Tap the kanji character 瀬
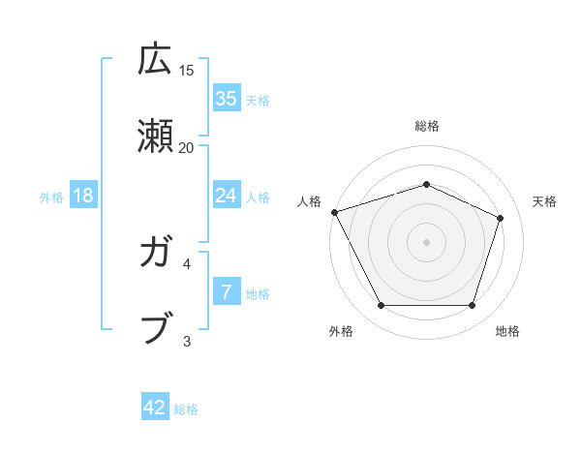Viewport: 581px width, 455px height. pos(155,137)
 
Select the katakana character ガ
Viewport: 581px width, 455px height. pos(155,254)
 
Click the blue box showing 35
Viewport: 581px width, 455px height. pos(226,98)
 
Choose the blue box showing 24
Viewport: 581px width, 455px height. pos(226,196)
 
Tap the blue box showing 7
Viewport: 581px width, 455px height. pos(226,292)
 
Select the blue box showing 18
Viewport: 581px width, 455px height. pos(83,196)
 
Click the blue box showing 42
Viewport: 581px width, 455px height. pos(155,408)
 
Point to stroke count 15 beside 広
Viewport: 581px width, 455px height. pos(187,70)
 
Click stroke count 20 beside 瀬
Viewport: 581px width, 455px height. pos(187,147)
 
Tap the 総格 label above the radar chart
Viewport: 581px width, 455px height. pos(426,126)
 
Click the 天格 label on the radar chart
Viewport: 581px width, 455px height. pos(544,201)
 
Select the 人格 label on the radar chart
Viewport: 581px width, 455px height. pos(309,201)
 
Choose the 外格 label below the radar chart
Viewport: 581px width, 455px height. pos(341,331)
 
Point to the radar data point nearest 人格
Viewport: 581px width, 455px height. pos(334,212)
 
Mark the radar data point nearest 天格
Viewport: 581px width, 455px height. pos(501,218)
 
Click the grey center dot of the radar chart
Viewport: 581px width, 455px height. pos(426,241)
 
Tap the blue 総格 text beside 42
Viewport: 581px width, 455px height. pos(186,409)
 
